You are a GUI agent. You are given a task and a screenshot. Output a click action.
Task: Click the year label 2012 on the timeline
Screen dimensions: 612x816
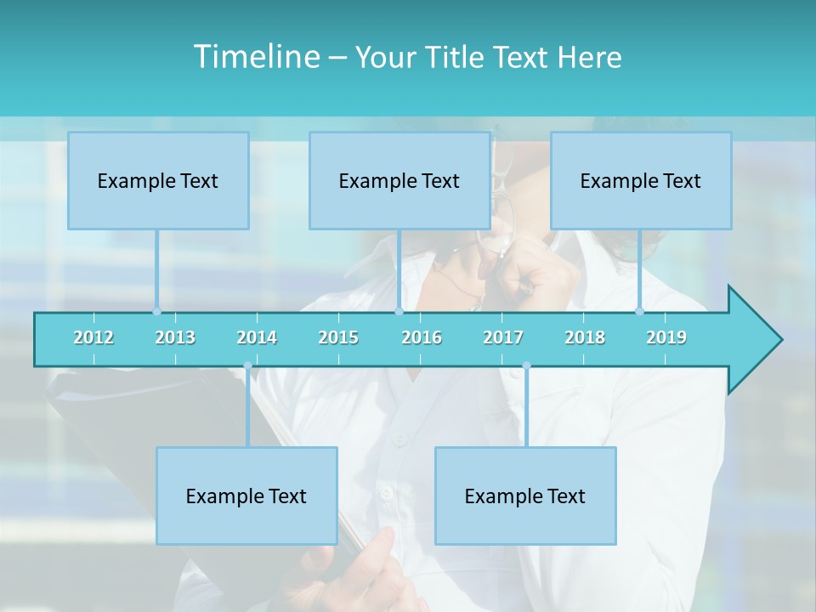pyautogui.click(x=93, y=337)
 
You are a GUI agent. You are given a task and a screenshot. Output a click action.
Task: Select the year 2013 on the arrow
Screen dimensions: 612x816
pyautogui.click(x=175, y=337)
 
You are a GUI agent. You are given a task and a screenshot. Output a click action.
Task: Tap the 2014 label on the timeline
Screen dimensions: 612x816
pyautogui.click(x=257, y=337)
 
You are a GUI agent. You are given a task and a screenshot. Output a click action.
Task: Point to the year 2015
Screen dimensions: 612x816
pyautogui.click(x=338, y=337)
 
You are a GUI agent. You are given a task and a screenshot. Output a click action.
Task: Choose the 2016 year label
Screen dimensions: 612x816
pyautogui.click(x=422, y=337)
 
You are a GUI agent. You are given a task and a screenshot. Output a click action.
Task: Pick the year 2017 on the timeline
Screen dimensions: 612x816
pyautogui.click(x=503, y=337)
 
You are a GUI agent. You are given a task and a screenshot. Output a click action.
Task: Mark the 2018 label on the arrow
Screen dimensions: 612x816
pyautogui.click(x=585, y=337)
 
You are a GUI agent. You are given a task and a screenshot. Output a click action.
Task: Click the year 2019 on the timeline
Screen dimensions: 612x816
pyautogui.click(x=666, y=337)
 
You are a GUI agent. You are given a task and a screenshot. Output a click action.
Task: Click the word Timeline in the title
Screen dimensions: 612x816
pyautogui.click(x=255, y=57)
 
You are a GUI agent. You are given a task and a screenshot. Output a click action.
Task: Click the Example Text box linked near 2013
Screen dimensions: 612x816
pyautogui.click(x=158, y=180)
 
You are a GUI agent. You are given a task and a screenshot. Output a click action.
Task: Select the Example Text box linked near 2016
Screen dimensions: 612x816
pyautogui.click(x=399, y=180)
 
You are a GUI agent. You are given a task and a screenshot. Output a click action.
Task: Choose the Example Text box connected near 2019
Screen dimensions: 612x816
pyautogui.click(x=641, y=180)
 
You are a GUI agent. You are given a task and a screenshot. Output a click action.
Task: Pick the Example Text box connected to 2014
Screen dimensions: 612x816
pyautogui.click(x=246, y=496)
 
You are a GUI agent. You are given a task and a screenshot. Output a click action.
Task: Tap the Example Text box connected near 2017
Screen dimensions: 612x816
pyautogui.click(x=525, y=496)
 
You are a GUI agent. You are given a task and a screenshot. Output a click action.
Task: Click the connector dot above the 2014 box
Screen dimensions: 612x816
pyautogui.click(x=247, y=365)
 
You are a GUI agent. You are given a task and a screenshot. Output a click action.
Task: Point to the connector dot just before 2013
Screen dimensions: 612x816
pyautogui.click(x=156, y=311)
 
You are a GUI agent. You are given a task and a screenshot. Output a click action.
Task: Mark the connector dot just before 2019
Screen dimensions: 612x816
pyautogui.click(x=639, y=311)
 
